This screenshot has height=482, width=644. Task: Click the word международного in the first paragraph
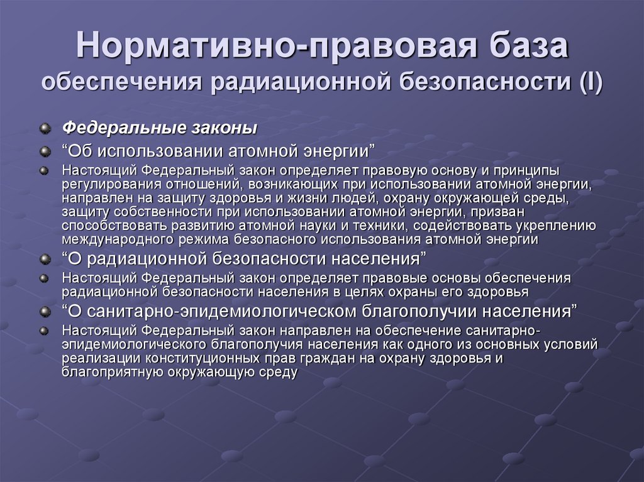(109, 239)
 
